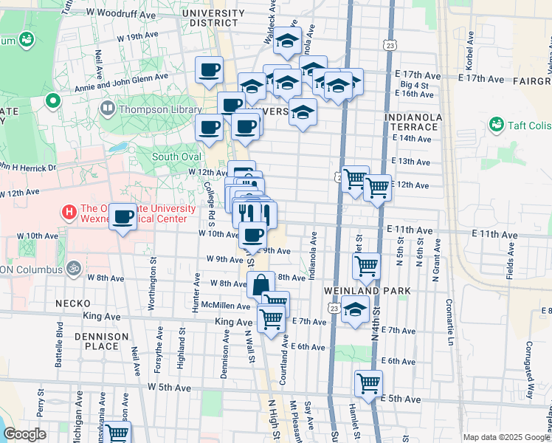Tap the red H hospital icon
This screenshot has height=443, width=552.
(69, 213)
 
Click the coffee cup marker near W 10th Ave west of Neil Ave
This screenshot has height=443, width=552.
(123, 217)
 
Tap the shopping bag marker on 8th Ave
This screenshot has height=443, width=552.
(261, 284)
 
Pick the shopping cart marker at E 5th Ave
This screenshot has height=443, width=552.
(368, 382)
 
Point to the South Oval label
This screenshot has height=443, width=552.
(176, 157)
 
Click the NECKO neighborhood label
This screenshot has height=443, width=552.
(72, 303)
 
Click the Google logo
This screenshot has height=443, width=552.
(24, 434)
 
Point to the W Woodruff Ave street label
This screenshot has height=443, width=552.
(121, 13)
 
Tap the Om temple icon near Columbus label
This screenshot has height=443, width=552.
(72, 267)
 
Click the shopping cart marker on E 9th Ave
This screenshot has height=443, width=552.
(367, 266)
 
